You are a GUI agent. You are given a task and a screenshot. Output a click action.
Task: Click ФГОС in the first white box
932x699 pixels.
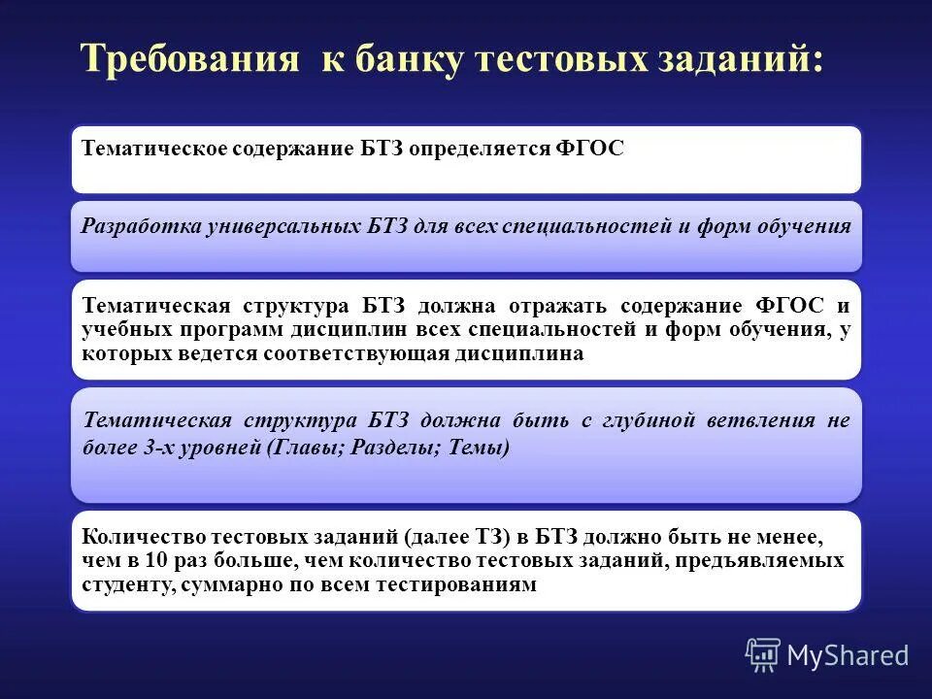click(x=590, y=150)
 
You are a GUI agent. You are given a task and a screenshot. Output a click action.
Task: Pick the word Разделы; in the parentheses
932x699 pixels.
click(x=382, y=448)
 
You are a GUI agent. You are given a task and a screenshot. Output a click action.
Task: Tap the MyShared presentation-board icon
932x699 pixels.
click(x=762, y=655)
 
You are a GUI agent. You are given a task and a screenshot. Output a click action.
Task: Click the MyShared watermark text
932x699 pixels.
click(x=848, y=655)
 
